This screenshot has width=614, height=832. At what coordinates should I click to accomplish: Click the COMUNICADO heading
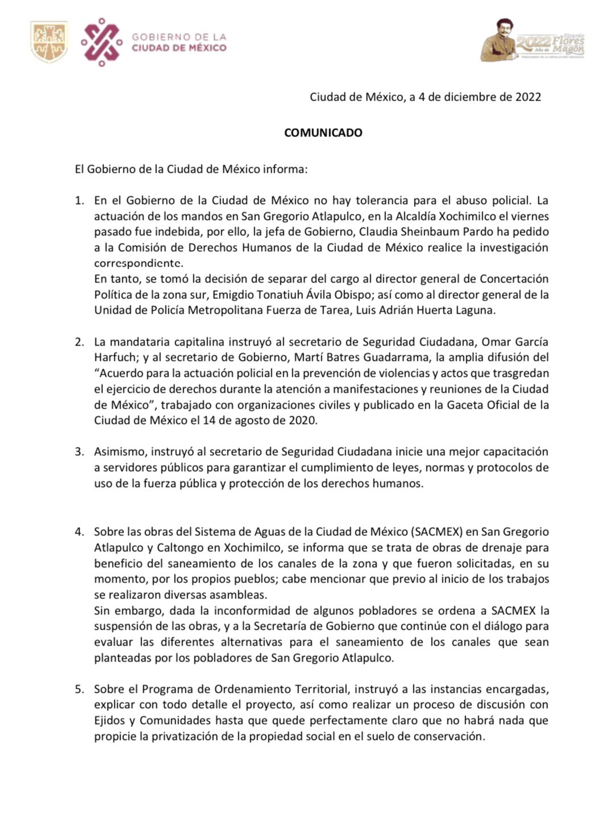click(323, 133)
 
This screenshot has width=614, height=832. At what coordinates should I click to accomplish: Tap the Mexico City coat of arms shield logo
click(49, 41)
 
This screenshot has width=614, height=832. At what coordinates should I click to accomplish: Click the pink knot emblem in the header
click(101, 42)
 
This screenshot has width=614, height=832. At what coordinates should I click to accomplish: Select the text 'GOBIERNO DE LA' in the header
click(179, 37)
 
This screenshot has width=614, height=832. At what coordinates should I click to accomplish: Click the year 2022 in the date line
click(528, 97)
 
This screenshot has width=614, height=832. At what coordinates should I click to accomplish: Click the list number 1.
click(79, 201)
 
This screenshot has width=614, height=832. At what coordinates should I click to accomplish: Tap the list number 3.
click(79, 452)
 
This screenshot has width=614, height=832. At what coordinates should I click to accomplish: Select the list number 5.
click(79, 689)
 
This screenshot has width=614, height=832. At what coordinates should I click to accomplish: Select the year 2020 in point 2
click(304, 421)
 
